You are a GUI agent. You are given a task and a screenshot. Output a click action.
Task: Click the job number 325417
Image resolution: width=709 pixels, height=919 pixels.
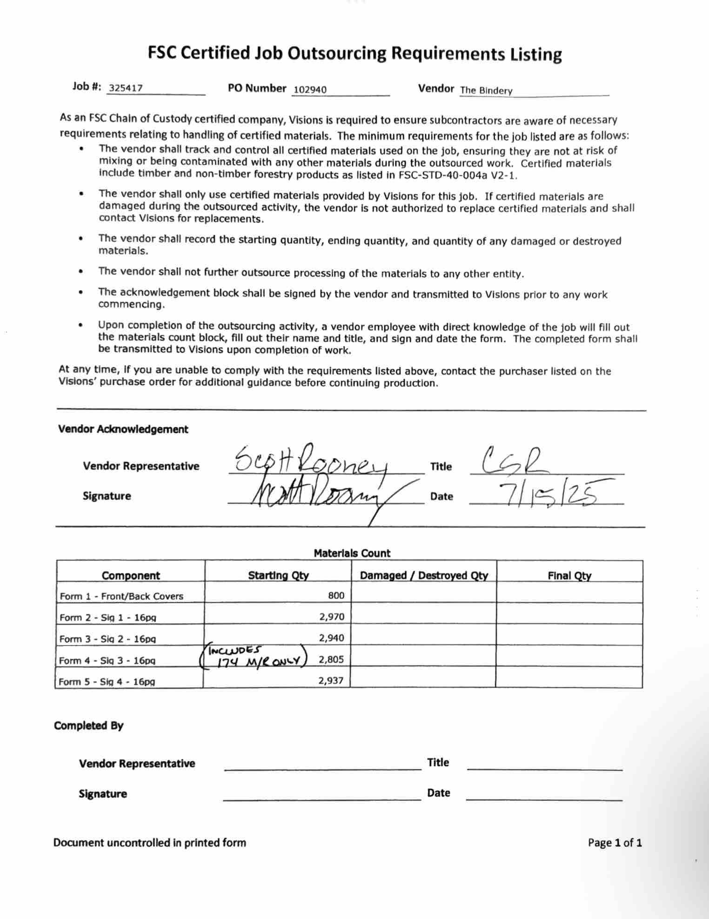pyautogui.click(x=126, y=88)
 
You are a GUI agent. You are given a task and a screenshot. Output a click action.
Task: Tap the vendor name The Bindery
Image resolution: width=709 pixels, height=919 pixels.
pyautogui.click(x=486, y=91)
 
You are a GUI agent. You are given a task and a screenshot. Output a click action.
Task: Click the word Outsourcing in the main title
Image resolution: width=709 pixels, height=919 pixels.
pyautogui.click(x=337, y=54)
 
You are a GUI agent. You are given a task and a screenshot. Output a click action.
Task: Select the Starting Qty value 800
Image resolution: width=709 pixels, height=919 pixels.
pyautogui.click(x=336, y=595)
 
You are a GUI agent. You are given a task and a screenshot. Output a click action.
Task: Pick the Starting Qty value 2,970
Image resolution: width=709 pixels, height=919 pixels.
pyautogui.click(x=331, y=617)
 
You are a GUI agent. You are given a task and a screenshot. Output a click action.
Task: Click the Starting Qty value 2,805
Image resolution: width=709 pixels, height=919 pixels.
pyautogui.click(x=331, y=659)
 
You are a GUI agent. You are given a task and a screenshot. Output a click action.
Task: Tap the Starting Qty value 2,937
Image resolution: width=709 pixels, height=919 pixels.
pyautogui.click(x=331, y=680)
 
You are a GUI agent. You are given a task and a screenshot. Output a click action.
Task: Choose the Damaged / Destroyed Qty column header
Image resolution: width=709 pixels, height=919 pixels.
pyautogui.click(x=424, y=575)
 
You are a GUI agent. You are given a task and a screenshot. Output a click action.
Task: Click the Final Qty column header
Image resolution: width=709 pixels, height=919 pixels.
pyautogui.click(x=569, y=576)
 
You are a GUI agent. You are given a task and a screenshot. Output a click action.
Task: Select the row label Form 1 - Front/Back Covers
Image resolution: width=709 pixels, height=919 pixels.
pyautogui.click(x=121, y=596)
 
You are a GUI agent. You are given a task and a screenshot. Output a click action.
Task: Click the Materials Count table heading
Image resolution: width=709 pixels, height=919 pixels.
pyautogui.click(x=352, y=553)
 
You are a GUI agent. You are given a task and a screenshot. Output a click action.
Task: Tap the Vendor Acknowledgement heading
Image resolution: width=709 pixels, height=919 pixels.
pyautogui.click(x=123, y=429)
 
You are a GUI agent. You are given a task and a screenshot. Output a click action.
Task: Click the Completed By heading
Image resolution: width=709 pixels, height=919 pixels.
pyautogui.click(x=88, y=726)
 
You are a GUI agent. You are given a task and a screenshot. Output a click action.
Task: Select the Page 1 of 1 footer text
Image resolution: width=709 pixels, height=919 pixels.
pyautogui.click(x=615, y=842)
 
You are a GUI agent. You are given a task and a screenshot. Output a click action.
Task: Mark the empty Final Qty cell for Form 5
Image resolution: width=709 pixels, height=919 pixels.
pyautogui.click(x=569, y=678)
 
